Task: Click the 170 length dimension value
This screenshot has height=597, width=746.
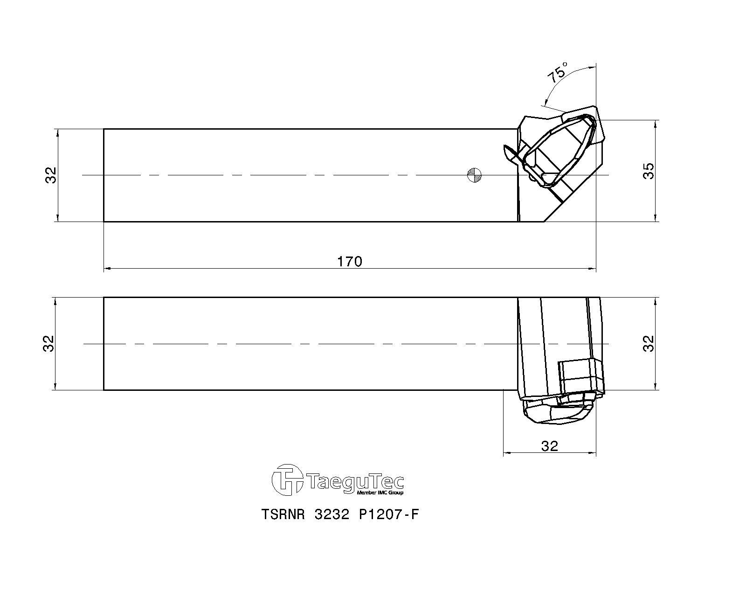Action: pyautogui.click(x=350, y=262)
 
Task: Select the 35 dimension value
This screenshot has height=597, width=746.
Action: pyautogui.click(x=648, y=171)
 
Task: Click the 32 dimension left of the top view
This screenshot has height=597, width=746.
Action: pyautogui.click(x=51, y=175)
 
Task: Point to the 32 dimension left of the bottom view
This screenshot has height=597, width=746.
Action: pyautogui.click(x=48, y=344)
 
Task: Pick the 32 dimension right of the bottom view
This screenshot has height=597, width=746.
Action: pyautogui.click(x=648, y=344)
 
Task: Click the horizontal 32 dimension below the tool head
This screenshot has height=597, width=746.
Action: pyautogui.click(x=550, y=446)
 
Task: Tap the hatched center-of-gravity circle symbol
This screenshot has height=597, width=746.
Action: pyautogui.click(x=474, y=175)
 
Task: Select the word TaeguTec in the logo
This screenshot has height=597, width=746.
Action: pyautogui.click(x=355, y=481)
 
